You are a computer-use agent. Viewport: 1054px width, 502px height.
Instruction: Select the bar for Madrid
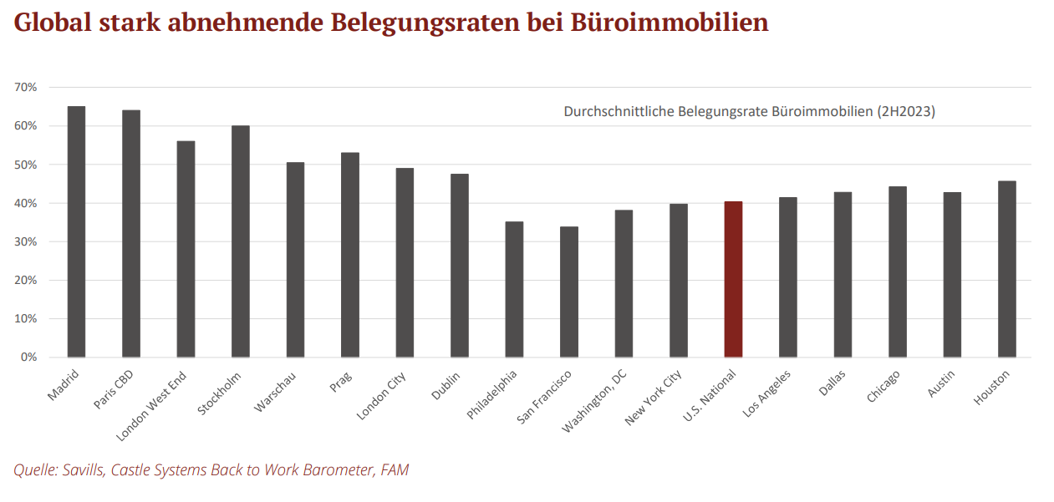[x=76, y=232]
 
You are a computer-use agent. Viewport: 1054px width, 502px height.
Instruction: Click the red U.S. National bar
[x=733, y=280]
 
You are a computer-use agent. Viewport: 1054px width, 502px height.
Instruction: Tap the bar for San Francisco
[x=568, y=292]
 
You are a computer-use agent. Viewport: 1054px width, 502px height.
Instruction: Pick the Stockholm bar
[x=241, y=241]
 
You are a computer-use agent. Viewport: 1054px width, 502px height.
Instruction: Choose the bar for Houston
[x=1007, y=269]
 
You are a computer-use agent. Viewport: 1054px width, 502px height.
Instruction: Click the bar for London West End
[x=186, y=249]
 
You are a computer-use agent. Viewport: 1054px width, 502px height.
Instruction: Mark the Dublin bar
[x=460, y=266]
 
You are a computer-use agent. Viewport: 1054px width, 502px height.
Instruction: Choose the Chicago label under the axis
[x=884, y=387]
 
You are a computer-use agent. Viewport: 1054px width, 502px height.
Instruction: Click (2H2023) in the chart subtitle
[x=904, y=111]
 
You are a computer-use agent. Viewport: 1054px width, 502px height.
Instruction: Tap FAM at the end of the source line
[x=394, y=470]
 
